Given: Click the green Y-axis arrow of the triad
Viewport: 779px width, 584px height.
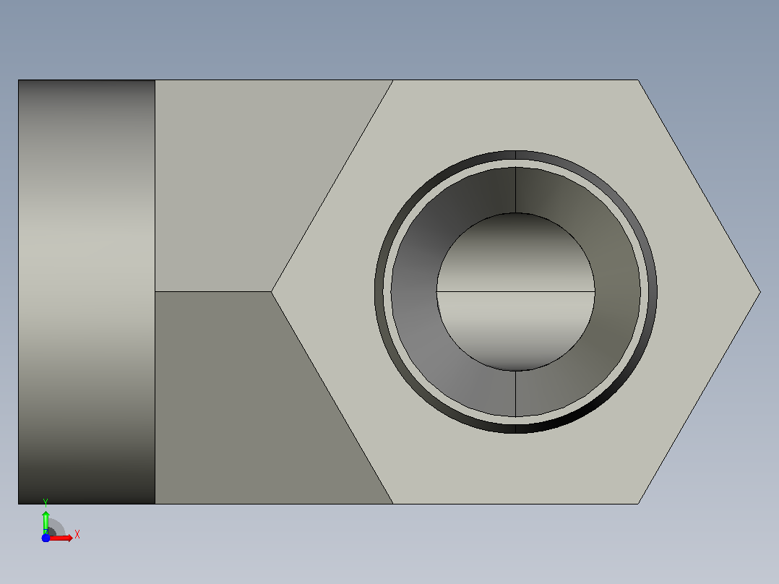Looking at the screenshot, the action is [46, 523].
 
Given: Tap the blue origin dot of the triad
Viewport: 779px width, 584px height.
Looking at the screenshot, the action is [46, 538].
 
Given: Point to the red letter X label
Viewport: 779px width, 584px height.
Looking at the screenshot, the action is [77, 534].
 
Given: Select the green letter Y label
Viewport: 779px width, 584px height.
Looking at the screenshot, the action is [46, 502].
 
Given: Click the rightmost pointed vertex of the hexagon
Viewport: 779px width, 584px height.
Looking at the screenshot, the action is [761, 292].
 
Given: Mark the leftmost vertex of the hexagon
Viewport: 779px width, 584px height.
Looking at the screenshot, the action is [271, 292].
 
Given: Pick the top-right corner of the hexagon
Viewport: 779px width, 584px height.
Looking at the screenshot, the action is [638, 80].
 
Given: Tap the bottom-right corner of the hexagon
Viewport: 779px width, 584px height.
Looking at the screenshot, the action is [638, 504].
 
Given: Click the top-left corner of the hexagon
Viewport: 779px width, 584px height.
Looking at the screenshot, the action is [393, 80].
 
